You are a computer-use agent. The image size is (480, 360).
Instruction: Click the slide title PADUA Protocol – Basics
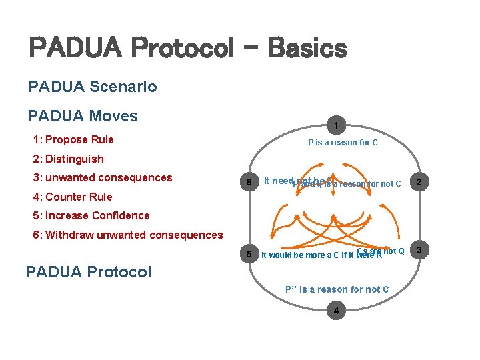point(187,48)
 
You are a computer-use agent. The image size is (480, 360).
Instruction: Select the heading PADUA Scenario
point(93,87)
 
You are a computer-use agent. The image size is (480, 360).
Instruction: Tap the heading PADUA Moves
point(83,116)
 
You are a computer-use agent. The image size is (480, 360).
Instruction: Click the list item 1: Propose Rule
point(73,139)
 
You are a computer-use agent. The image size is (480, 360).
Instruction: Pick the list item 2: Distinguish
point(68,159)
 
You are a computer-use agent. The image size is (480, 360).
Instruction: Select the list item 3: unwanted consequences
point(102,177)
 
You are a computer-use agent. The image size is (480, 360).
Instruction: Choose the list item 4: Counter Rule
point(72,197)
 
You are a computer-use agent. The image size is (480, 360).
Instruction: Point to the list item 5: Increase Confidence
point(91,215)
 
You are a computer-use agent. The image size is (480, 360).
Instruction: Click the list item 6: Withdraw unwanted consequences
point(127,235)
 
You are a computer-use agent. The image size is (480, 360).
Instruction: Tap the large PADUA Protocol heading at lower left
point(88,272)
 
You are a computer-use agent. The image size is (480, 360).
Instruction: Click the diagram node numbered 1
point(337,125)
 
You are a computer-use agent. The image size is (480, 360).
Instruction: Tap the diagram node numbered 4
point(337,311)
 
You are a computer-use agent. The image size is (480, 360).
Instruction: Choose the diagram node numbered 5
point(249,255)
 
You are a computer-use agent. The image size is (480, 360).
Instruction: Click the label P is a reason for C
point(343,142)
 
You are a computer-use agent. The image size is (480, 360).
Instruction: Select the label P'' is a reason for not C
point(337,289)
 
